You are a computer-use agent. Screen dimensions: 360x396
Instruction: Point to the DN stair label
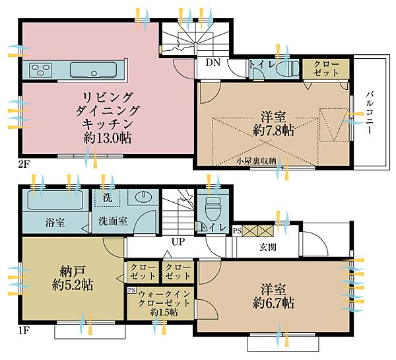coord(213,63)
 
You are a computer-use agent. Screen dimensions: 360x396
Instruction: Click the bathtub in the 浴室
coord(53,199)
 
